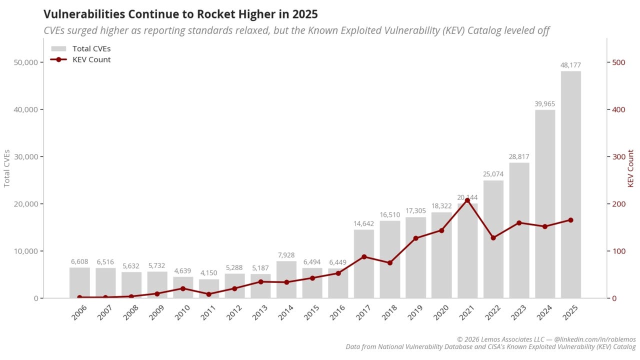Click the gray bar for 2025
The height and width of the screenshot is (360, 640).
[x=570, y=184]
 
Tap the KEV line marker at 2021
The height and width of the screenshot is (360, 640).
[x=467, y=200]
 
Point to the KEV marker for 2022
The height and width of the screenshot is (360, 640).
[x=493, y=237]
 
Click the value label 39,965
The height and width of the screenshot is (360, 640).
[x=544, y=104]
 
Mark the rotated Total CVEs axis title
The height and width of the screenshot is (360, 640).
[x=7, y=168]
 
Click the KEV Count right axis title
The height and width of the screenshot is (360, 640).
[x=630, y=168]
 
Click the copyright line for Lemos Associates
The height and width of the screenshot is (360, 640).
[x=546, y=339]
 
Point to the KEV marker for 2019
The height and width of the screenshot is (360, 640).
[x=415, y=238]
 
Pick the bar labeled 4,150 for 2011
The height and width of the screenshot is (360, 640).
[x=208, y=288]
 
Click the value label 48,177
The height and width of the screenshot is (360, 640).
[x=570, y=65]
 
